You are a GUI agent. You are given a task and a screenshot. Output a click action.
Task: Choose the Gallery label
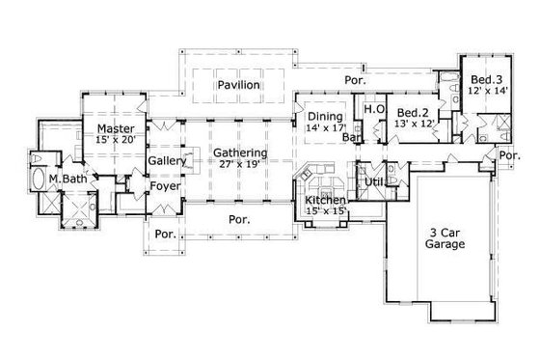167,162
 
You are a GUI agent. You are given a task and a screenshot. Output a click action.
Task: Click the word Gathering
240,152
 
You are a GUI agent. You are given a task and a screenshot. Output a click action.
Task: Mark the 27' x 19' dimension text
239,165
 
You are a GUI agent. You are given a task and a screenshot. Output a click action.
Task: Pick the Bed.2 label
413,112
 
